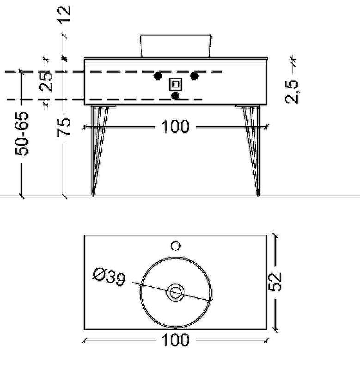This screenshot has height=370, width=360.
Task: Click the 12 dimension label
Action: coord(65,15)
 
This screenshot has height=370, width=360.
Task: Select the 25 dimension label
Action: coord(46,81)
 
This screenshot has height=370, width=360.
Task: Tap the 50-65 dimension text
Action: coord(21,134)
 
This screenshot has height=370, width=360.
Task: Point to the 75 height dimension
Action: coord(64,127)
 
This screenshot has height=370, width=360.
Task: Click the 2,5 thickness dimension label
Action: coord(292,92)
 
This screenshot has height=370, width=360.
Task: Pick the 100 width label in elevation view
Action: coord(176,127)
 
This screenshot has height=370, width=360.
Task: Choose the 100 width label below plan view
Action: coord(176,340)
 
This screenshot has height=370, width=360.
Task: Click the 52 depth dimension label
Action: coord(275,282)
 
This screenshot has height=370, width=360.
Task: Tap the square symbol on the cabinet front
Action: coord(176,84)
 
